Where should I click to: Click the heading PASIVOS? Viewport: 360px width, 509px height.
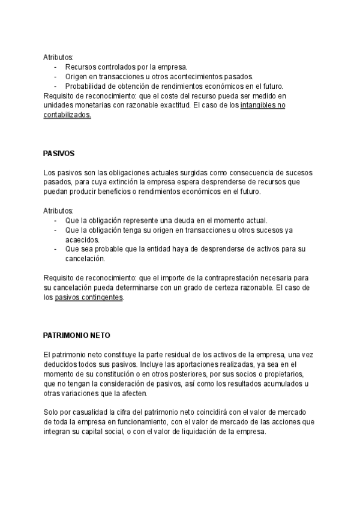(x=59, y=154)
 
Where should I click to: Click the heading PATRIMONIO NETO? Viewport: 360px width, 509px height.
(x=77, y=335)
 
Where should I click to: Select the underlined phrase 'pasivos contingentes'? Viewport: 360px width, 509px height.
(x=89, y=298)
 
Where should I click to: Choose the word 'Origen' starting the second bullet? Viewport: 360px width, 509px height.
(x=76, y=76)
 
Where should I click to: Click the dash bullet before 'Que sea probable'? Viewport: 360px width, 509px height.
(x=55, y=249)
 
